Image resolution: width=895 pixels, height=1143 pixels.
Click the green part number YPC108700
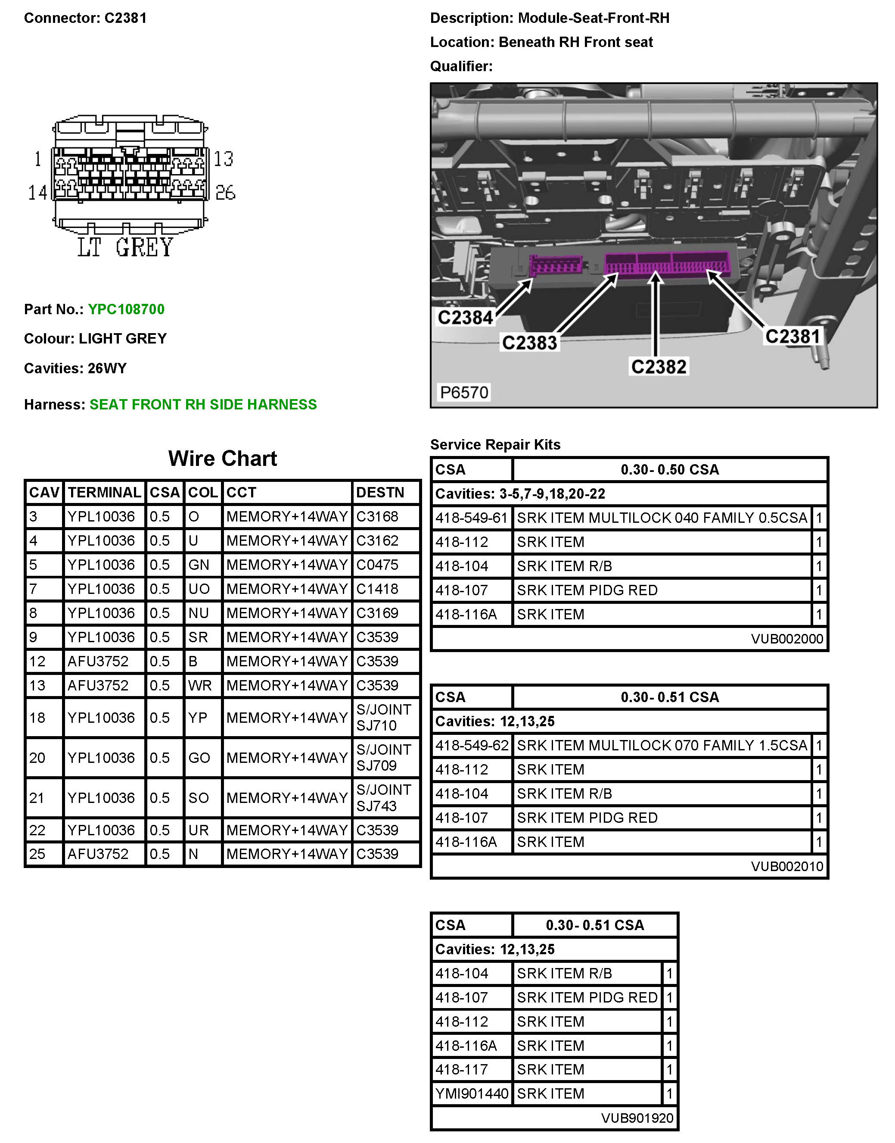pyautogui.click(x=126, y=309)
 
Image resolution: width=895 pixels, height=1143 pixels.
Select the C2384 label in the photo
pyautogui.click(x=465, y=317)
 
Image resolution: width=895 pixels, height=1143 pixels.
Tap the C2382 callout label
pyautogui.click(x=658, y=366)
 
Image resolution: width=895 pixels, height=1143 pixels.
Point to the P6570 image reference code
pyautogui.click(x=464, y=392)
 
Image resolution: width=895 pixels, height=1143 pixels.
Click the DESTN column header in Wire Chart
pyautogui.click(x=380, y=492)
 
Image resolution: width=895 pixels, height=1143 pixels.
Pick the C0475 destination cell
pyautogui.click(x=377, y=565)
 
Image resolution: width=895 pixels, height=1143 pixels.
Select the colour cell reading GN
pyautogui.click(x=199, y=565)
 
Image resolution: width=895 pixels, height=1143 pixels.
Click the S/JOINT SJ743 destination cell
pyautogui.click(x=384, y=797)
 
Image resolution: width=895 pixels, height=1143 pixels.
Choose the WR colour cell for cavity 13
pyautogui.click(x=200, y=685)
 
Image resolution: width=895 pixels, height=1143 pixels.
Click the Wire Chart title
pyautogui.click(x=222, y=458)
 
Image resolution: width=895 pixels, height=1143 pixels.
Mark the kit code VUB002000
pyautogui.click(x=786, y=639)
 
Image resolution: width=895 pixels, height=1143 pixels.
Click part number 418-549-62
pyautogui.click(x=472, y=745)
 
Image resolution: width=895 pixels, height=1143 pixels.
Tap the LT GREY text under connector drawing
pyautogui.click(x=125, y=247)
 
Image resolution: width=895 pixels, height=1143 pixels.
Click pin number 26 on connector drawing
pyautogui.click(x=225, y=192)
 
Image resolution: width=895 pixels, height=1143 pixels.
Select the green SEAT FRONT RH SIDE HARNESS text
pyautogui.click(x=203, y=404)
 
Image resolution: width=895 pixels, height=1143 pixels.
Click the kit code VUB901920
pyautogui.click(x=637, y=1118)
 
